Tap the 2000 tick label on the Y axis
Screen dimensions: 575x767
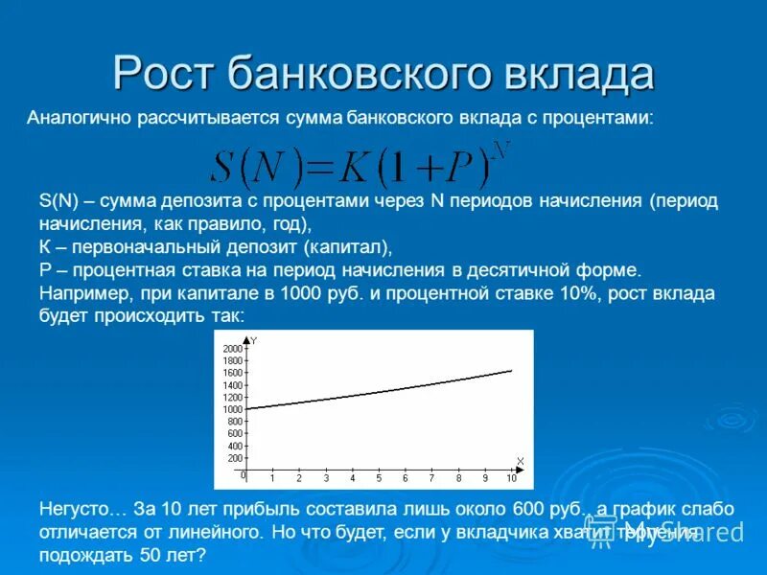coord(232,348)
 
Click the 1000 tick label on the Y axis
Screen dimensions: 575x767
coord(232,409)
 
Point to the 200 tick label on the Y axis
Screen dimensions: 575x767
coord(235,458)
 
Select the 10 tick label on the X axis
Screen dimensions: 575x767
coord(511,478)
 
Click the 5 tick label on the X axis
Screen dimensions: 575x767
coord(379,478)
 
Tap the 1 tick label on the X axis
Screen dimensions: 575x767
coord(271,478)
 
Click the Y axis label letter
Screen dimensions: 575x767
coord(254,340)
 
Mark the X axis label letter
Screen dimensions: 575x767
coord(520,461)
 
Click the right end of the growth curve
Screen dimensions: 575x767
coord(511,370)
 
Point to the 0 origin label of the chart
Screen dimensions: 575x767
coord(243,475)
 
